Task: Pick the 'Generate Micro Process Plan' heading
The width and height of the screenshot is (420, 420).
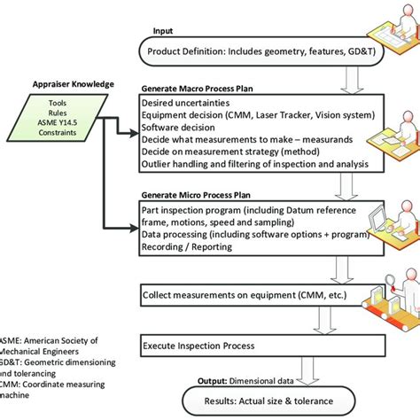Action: click(198, 194)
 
